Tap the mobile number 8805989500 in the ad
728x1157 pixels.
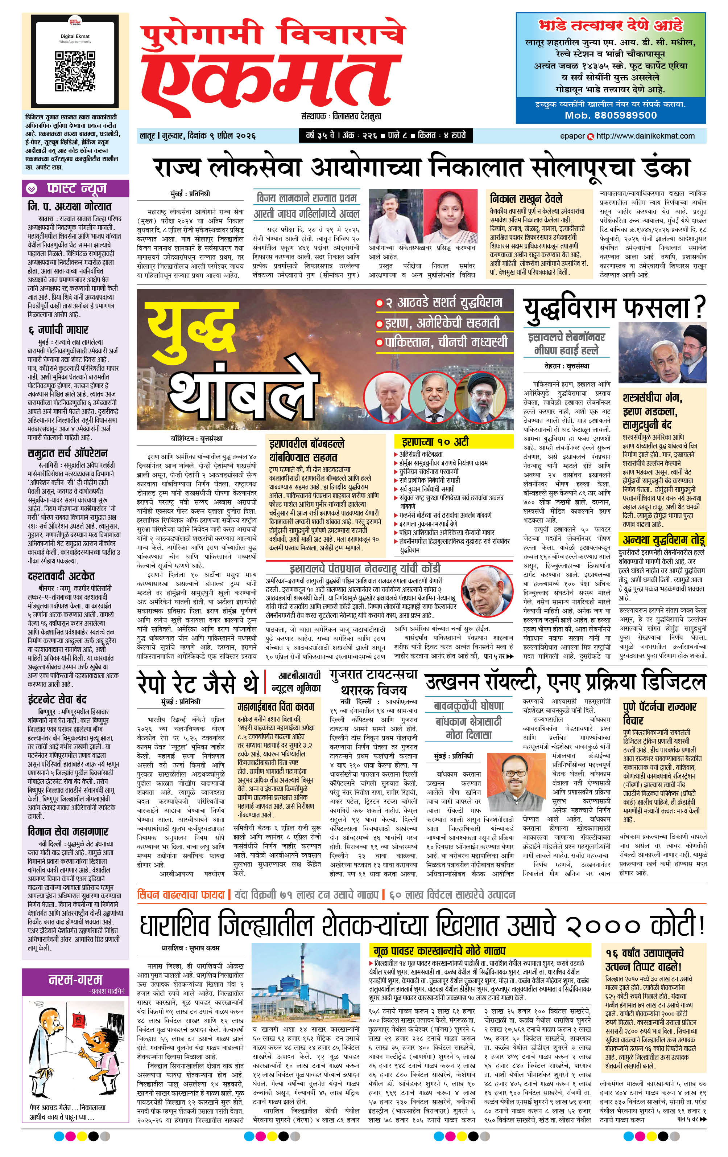click(611, 115)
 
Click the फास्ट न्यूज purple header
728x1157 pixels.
click(75, 188)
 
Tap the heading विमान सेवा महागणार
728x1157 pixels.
click(68, 832)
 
